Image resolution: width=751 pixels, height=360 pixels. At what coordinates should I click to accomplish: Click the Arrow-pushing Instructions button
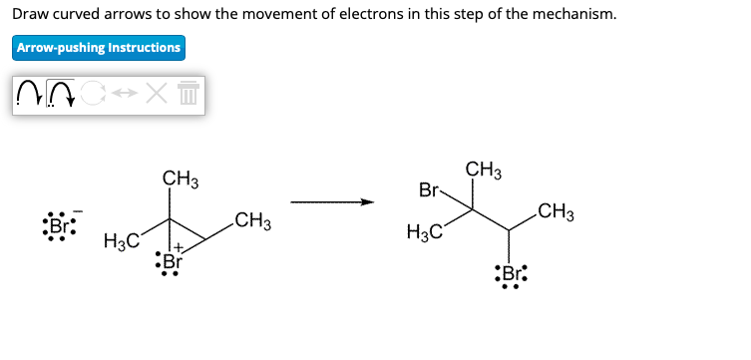click(98, 48)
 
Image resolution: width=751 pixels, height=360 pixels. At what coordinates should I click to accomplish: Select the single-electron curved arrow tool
click(30, 96)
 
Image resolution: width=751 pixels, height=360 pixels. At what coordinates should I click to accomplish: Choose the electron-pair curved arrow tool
click(62, 96)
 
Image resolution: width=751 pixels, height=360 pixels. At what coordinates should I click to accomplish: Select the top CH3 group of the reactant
click(181, 180)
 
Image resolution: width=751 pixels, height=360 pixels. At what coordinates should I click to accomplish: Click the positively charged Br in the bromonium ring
click(172, 263)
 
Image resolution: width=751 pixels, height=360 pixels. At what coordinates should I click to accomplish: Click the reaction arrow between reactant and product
click(331, 203)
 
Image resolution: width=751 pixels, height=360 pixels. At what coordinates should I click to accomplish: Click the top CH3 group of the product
click(484, 171)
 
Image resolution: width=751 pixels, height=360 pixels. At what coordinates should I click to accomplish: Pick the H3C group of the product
click(424, 233)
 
